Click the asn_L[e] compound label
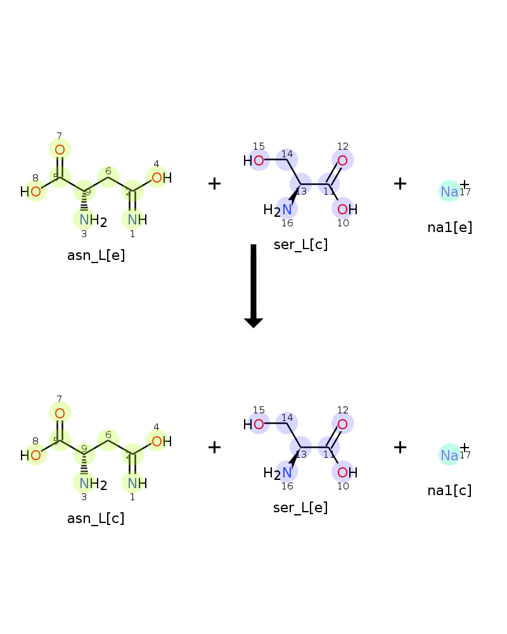click(96, 256)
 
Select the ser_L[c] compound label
click(300, 245)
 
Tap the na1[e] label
click(449, 228)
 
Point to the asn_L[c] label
click(96, 519)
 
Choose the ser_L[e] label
click(300, 507)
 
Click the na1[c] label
click(449, 491)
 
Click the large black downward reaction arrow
click(253, 286)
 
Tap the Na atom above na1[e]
click(449, 191)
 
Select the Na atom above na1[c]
click(449, 455)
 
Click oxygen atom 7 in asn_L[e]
click(60, 150)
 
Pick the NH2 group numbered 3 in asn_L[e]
click(93, 221)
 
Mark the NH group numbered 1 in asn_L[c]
click(137, 483)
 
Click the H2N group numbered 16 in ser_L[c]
click(278, 210)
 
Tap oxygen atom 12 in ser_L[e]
click(342, 424)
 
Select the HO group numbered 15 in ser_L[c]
click(253, 161)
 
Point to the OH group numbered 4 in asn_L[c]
click(162, 441)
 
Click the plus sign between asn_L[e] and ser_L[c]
click(214, 184)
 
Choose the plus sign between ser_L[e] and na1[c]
click(400, 447)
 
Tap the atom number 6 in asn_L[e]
click(108, 171)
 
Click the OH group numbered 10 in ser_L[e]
click(347, 472)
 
